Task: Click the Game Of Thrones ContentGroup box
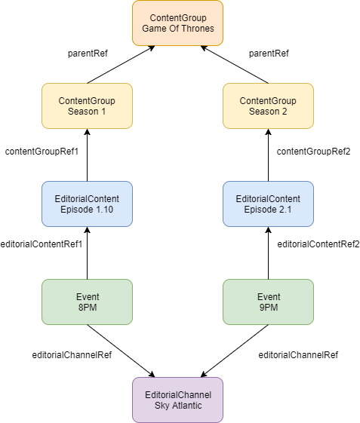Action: point(177,23)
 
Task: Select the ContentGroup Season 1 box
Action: point(87,106)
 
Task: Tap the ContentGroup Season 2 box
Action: point(268,106)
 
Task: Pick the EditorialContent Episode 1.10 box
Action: point(87,204)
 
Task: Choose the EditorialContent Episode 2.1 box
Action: point(268,204)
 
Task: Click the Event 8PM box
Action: point(87,302)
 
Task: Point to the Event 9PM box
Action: point(268,302)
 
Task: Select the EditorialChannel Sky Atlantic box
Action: point(177,400)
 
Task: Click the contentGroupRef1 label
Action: point(42,152)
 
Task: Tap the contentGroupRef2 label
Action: point(313,152)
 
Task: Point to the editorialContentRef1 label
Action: point(42,244)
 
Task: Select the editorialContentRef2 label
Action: point(318,244)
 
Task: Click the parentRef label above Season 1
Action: point(88,54)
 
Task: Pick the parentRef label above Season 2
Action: point(269,54)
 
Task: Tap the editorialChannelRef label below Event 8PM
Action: point(72,355)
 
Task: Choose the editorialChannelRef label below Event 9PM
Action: point(298,355)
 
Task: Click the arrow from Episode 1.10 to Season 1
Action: point(87,155)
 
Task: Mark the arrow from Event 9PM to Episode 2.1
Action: point(268,253)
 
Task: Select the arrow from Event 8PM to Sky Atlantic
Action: point(121,351)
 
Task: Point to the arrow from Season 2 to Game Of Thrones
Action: point(235,65)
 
